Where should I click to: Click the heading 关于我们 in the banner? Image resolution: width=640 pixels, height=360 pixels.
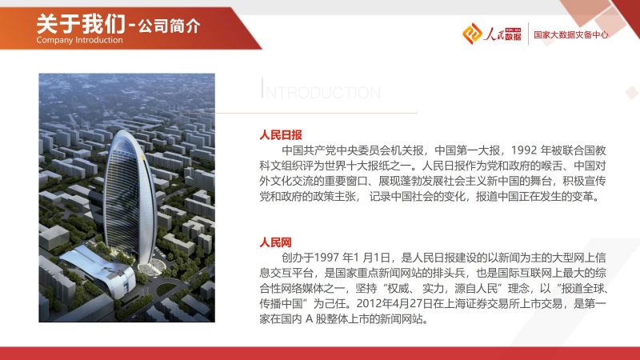tap(81, 24)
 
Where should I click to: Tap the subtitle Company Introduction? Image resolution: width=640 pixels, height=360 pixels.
tap(79, 40)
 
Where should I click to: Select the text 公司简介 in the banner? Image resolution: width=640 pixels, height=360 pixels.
tap(169, 26)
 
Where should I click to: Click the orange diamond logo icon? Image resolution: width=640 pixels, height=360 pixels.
tap(472, 33)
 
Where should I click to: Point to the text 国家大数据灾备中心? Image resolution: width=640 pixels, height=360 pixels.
tap(571, 34)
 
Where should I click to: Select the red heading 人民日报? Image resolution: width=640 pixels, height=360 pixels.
tap(281, 134)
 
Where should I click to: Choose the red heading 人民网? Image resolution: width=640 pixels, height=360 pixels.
tap(275, 242)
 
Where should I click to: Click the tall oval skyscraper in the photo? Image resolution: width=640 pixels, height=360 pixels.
tap(130, 197)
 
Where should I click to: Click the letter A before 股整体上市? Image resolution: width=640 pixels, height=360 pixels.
tap(309, 318)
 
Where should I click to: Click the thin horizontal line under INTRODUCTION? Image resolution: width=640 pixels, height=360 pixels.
tap(317, 112)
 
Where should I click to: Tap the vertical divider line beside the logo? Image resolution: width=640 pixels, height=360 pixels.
tap(528, 34)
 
